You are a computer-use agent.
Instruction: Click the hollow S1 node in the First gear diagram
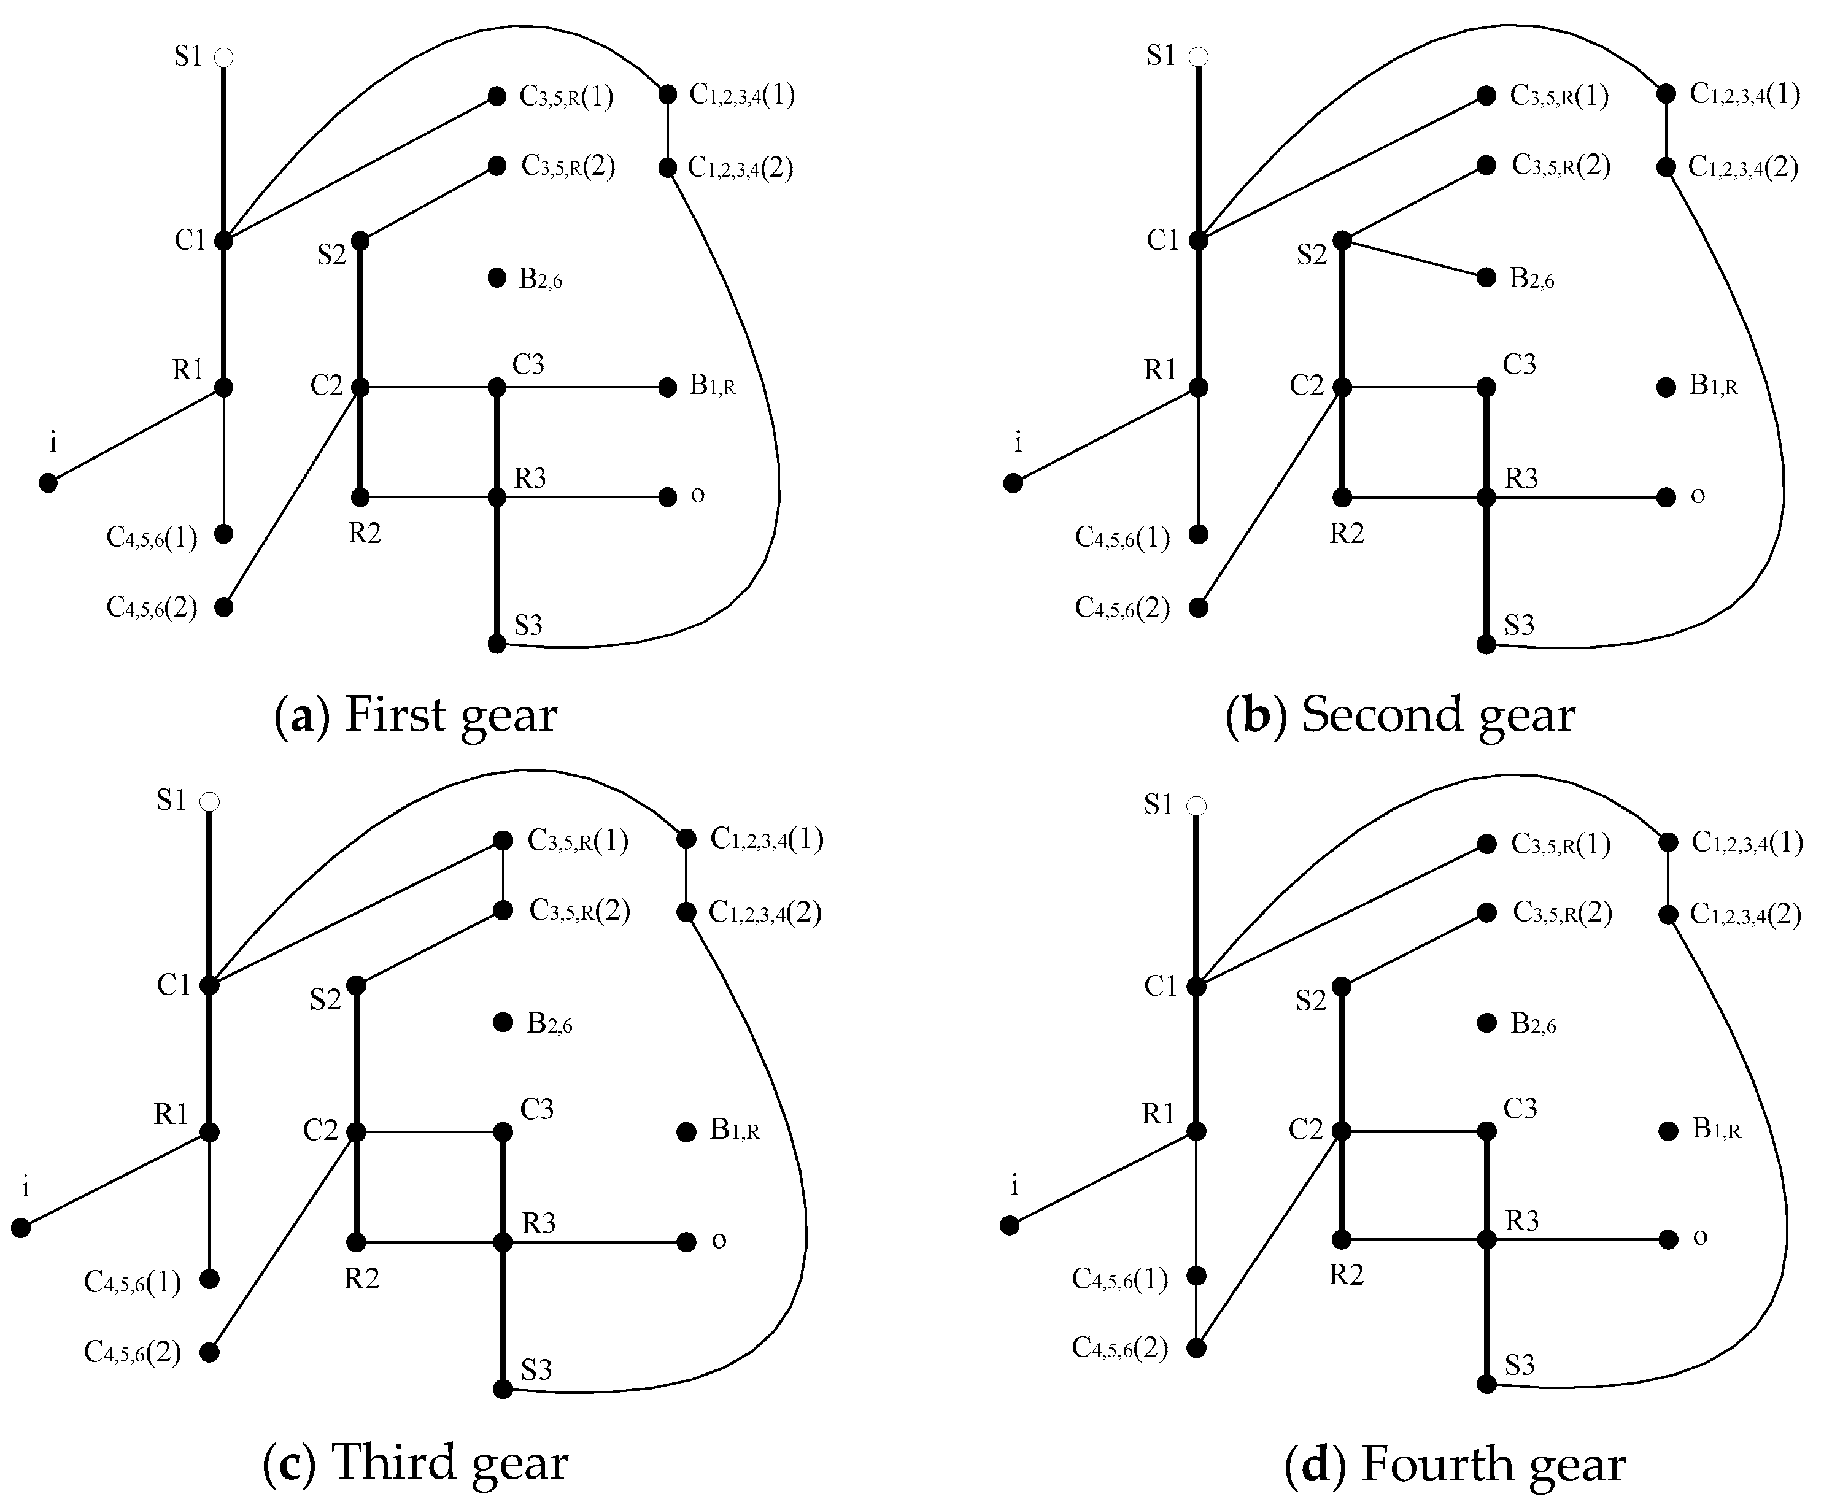tap(223, 58)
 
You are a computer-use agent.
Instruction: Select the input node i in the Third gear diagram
tap(21, 1228)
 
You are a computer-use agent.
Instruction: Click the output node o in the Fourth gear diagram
tap(1668, 1240)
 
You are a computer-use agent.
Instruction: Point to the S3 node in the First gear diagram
tap(497, 644)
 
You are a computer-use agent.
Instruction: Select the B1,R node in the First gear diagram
tap(668, 388)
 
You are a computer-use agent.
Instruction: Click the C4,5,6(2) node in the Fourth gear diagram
tap(1197, 1348)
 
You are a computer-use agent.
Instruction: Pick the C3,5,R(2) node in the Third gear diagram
tap(503, 910)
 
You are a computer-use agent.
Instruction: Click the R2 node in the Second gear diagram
tap(1342, 498)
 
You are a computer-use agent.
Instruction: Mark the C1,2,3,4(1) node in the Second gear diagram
tap(1666, 94)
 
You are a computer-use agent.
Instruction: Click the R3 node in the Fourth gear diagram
tap(1487, 1240)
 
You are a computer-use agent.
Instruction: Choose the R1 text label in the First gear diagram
tap(187, 370)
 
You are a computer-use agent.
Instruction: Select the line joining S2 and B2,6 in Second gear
tap(1414, 259)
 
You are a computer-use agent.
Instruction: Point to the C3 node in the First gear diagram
tap(497, 388)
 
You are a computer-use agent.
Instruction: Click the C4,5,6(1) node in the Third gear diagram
tap(209, 1279)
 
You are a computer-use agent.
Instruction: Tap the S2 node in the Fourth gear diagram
tap(1341, 987)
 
